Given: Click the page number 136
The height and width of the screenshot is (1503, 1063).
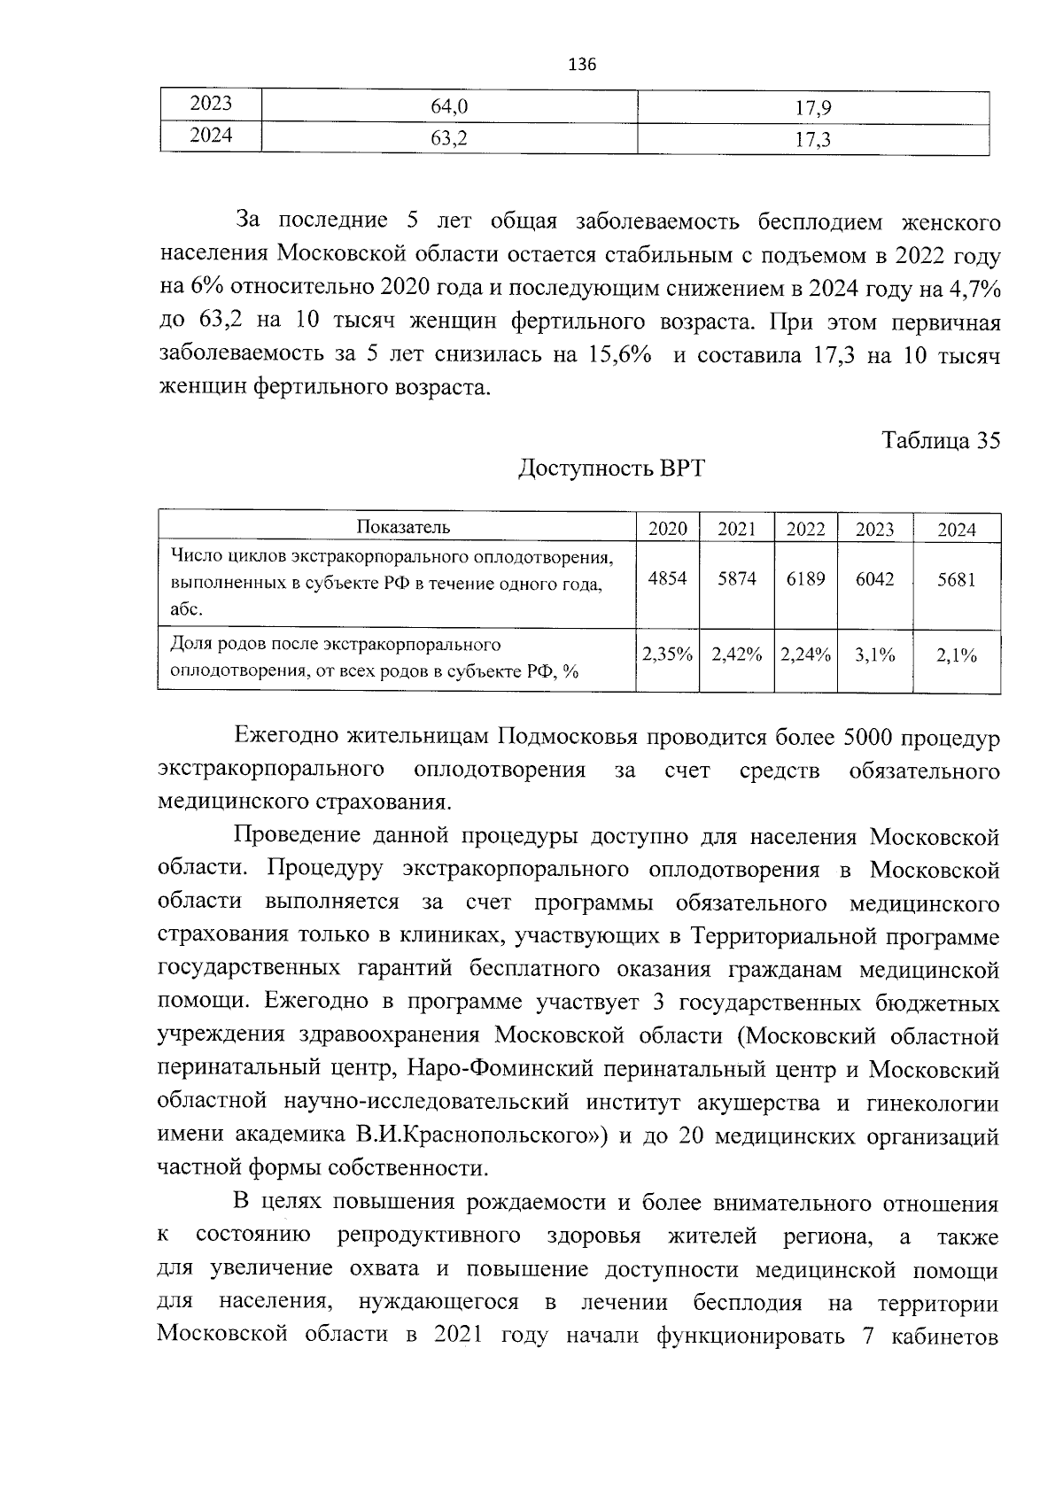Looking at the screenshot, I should click(581, 65).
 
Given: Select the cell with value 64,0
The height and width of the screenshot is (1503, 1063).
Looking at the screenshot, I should click(448, 107).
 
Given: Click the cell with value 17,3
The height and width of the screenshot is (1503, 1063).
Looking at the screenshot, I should click(812, 139).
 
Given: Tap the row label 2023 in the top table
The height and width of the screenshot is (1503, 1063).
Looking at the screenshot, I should click(211, 104).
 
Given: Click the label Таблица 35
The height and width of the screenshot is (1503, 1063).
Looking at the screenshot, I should click(941, 440).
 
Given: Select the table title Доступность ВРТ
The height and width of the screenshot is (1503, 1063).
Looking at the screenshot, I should click(611, 468).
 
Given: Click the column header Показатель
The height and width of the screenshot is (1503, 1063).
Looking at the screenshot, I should click(403, 528).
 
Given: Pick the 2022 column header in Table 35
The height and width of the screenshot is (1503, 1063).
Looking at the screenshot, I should click(805, 530).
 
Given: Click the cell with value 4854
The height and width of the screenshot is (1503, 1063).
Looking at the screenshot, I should click(667, 579).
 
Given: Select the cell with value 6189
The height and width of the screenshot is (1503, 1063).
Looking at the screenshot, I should click(805, 579).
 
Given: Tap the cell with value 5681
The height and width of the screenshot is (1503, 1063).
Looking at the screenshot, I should click(956, 580).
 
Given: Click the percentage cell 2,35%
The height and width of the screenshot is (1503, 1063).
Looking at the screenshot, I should click(667, 655).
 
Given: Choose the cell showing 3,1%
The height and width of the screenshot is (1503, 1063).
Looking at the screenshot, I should click(874, 656).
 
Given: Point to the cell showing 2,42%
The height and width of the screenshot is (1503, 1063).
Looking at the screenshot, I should click(736, 655).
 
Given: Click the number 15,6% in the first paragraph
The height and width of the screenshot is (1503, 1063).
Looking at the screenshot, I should click(618, 355).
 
